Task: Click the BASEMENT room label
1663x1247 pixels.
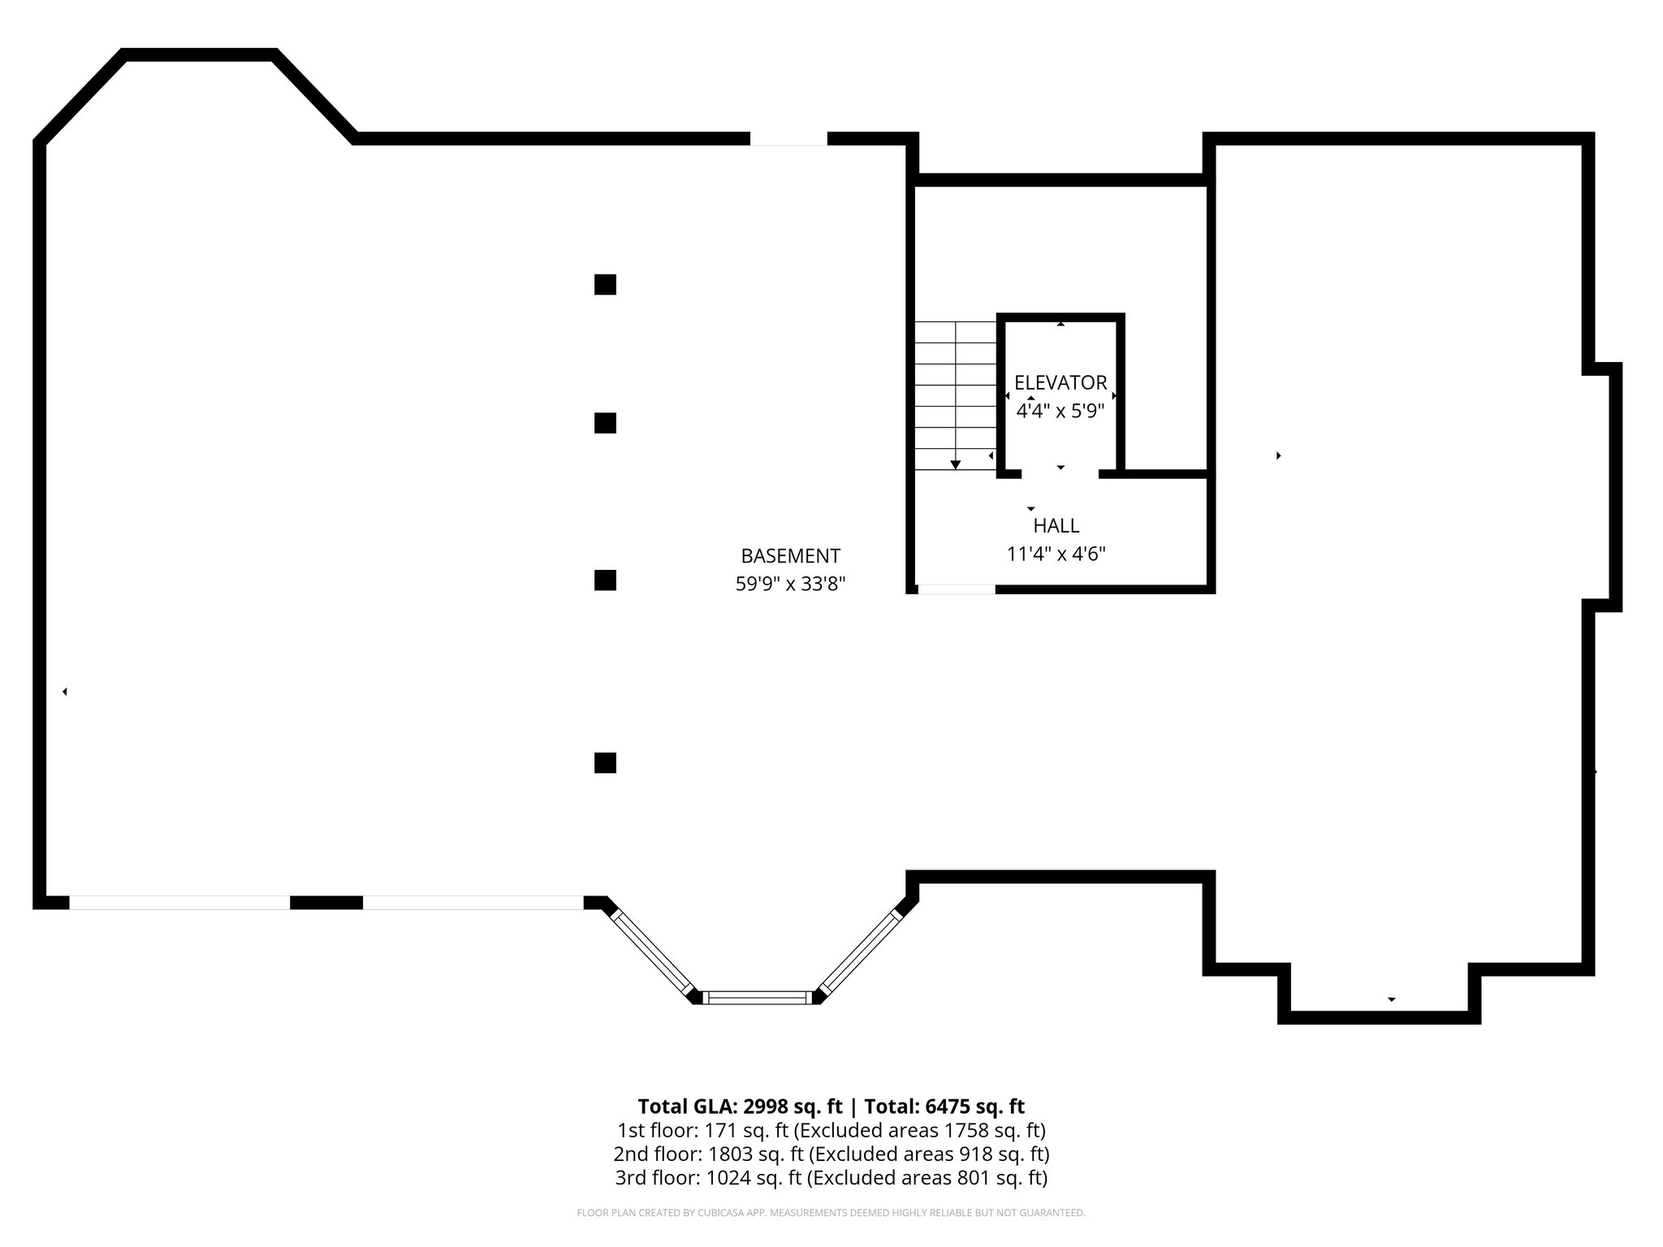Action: [x=790, y=556]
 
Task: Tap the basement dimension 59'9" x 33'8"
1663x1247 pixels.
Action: [x=790, y=585]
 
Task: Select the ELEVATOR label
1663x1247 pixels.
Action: [x=1060, y=382]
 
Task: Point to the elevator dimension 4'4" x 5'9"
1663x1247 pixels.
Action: [x=1060, y=411]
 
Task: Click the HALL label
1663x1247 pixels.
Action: [x=1056, y=526]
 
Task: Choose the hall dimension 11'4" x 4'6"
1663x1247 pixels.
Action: [x=1056, y=554]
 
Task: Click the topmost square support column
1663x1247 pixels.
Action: [x=605, y=285]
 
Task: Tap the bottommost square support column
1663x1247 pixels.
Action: [x=605, y=763]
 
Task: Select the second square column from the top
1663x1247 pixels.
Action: [x=605, y=423]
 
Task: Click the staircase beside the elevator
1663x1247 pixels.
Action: [x=956, y=395]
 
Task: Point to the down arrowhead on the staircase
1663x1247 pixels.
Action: [x=956, y=464]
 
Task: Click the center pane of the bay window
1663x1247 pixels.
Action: [x=757, y=998]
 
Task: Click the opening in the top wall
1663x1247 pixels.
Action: [x=788, y=139]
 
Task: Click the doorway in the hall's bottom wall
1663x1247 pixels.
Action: [x=957, y=589]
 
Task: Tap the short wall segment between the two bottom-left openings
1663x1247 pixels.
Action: [x=326, y=903]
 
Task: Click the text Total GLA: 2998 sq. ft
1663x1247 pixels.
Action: [x=740, y=1107]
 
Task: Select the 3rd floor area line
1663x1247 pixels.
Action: [x=831, y=1177]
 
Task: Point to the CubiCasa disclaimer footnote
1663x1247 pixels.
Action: [x=831, y=1213]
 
